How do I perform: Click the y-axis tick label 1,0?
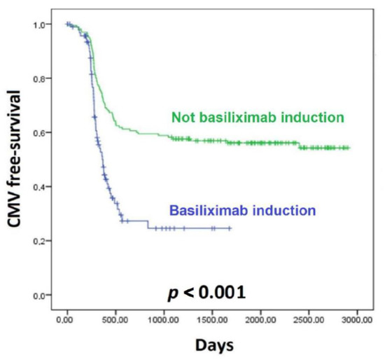pos(44,25)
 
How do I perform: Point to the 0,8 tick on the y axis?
pos(44,79)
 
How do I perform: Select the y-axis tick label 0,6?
pos(44,133)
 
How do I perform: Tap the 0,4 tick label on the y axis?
pos(44,187)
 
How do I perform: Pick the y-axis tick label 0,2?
pos(44,241)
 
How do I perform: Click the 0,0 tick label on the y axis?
pos(44,295)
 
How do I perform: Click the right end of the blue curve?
pos(230,228)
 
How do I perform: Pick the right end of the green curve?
pos(349,148)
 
